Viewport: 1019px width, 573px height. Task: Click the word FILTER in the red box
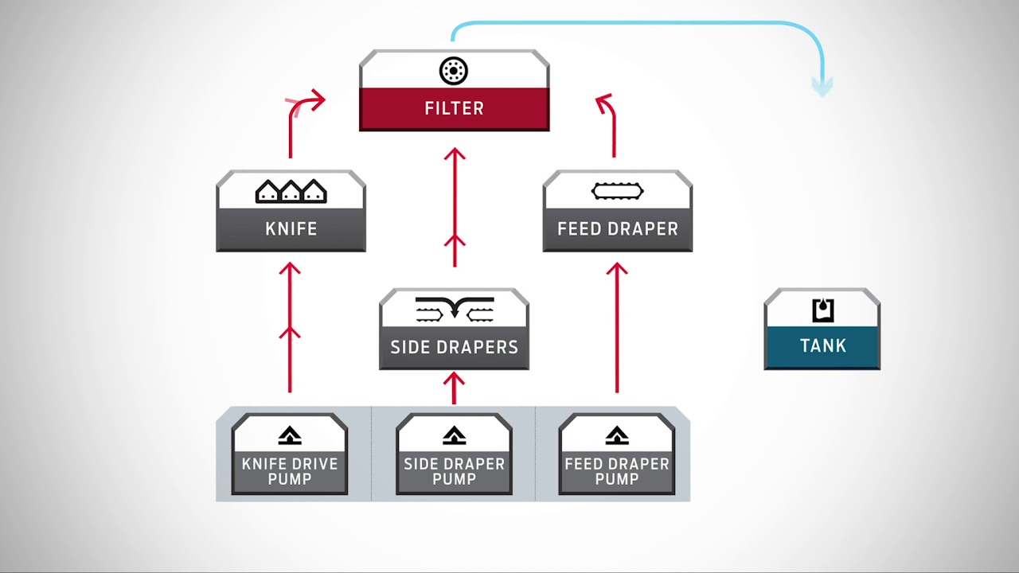(454, 108)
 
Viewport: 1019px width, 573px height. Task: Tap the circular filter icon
(454, 71)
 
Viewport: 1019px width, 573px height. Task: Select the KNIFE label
(291, 228)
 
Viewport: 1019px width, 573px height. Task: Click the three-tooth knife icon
(291, 192)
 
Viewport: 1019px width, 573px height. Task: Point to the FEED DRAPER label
(618, 228)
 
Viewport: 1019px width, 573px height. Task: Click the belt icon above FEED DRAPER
(617, 191)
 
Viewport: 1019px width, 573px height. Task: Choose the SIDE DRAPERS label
(454, 347)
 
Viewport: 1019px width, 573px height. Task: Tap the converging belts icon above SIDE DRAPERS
(454, 310)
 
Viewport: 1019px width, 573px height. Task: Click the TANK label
(823, 345)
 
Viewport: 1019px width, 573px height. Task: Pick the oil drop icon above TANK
(823, 310)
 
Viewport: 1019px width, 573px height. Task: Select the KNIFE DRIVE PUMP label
(290, 471)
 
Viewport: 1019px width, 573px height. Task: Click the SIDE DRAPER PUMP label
(454, 471)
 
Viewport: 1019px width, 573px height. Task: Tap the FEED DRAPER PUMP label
(617, 471)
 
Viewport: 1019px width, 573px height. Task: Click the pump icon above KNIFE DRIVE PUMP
(290, 435)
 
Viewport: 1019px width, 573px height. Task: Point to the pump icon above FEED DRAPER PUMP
(617, 435)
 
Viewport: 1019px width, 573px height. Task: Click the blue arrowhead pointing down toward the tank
(822, 87)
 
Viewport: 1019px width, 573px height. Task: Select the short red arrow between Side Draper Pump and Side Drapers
(454, 388)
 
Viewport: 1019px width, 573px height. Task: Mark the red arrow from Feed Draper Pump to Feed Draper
(617, 327)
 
